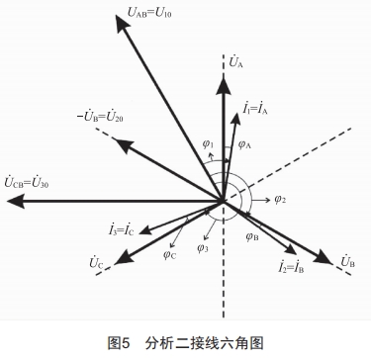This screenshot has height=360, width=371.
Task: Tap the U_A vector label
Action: click(235, 62)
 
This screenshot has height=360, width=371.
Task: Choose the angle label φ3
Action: click(202, 247)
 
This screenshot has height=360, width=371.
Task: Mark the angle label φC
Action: click(170, 253)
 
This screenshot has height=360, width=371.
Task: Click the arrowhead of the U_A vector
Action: click(225, 76)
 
